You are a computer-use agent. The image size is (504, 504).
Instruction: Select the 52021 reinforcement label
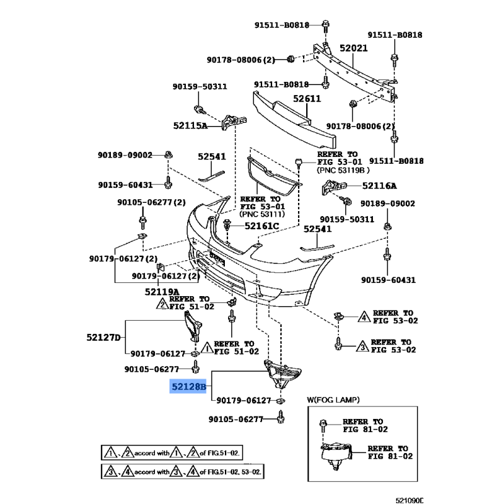pyautogui.click(x=353, y=48)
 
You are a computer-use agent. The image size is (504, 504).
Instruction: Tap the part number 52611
pyautogui.click(x=307, y=98)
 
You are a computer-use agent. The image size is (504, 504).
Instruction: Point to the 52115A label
pyautogui.click(x=190, y=125)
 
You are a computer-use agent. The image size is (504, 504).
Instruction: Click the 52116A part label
pyautogui.click(x=379, y=186)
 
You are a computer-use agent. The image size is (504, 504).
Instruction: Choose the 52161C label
pyautogui.click(x=261, y=225)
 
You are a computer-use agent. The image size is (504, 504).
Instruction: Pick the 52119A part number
pyautogui.click(x=161, y=292)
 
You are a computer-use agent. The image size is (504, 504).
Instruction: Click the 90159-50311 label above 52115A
pyautogui.click(x=200, y=86)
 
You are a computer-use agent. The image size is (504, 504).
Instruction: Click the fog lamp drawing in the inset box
pyautogui.click(x=336, y=454)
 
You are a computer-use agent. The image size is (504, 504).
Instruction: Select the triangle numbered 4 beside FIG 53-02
pyautogui.click(x=364, y=316)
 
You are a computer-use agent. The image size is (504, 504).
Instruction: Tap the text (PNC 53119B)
pyautogui.click(x=343, y=170)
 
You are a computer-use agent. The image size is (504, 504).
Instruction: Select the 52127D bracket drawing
pyautogui.click(x=193, y=328)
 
